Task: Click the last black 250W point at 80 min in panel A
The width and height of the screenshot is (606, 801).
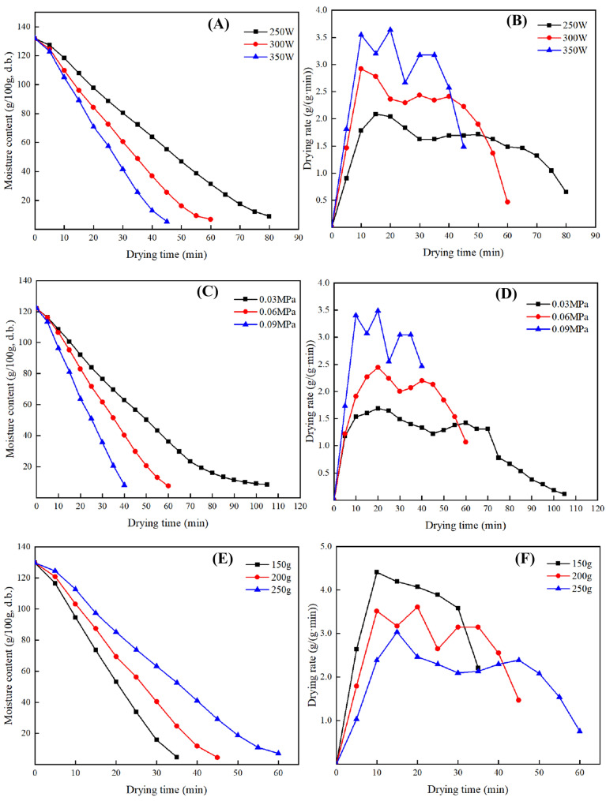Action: [269, 216]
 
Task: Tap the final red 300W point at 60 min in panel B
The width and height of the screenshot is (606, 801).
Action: [507, 202]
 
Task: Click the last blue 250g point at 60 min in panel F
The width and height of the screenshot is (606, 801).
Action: [580, 731]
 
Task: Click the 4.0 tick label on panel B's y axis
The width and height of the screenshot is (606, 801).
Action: [319, 10]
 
